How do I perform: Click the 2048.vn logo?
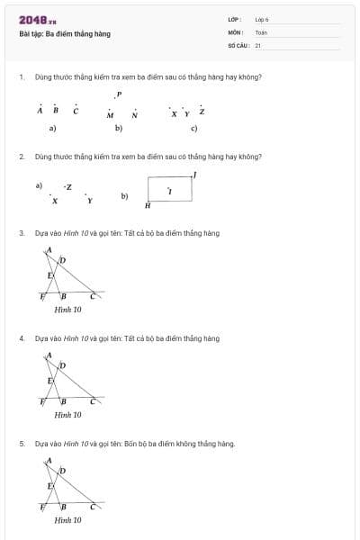37,20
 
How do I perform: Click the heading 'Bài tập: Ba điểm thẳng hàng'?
64,34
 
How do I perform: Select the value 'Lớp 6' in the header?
262,19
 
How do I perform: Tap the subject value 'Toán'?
261,31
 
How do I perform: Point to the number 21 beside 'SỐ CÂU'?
258,44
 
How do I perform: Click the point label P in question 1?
119,94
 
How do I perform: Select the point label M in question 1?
110,115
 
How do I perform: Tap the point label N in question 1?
134,115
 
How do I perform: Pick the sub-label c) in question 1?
194,129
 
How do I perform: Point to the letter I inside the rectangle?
170,192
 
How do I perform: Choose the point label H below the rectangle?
148,206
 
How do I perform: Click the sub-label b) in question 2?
124,195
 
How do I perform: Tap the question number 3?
21,233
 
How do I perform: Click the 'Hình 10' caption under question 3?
67,310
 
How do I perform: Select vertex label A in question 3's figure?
49,249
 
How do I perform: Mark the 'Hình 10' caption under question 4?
67,415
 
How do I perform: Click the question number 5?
21,444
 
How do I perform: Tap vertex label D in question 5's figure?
62,471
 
